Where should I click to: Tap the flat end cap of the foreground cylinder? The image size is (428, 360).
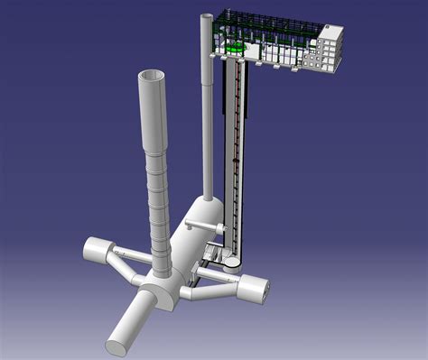[118, 342]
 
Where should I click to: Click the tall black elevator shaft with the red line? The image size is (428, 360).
[235, 153]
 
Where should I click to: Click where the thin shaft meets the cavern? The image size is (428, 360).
[207, 199]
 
